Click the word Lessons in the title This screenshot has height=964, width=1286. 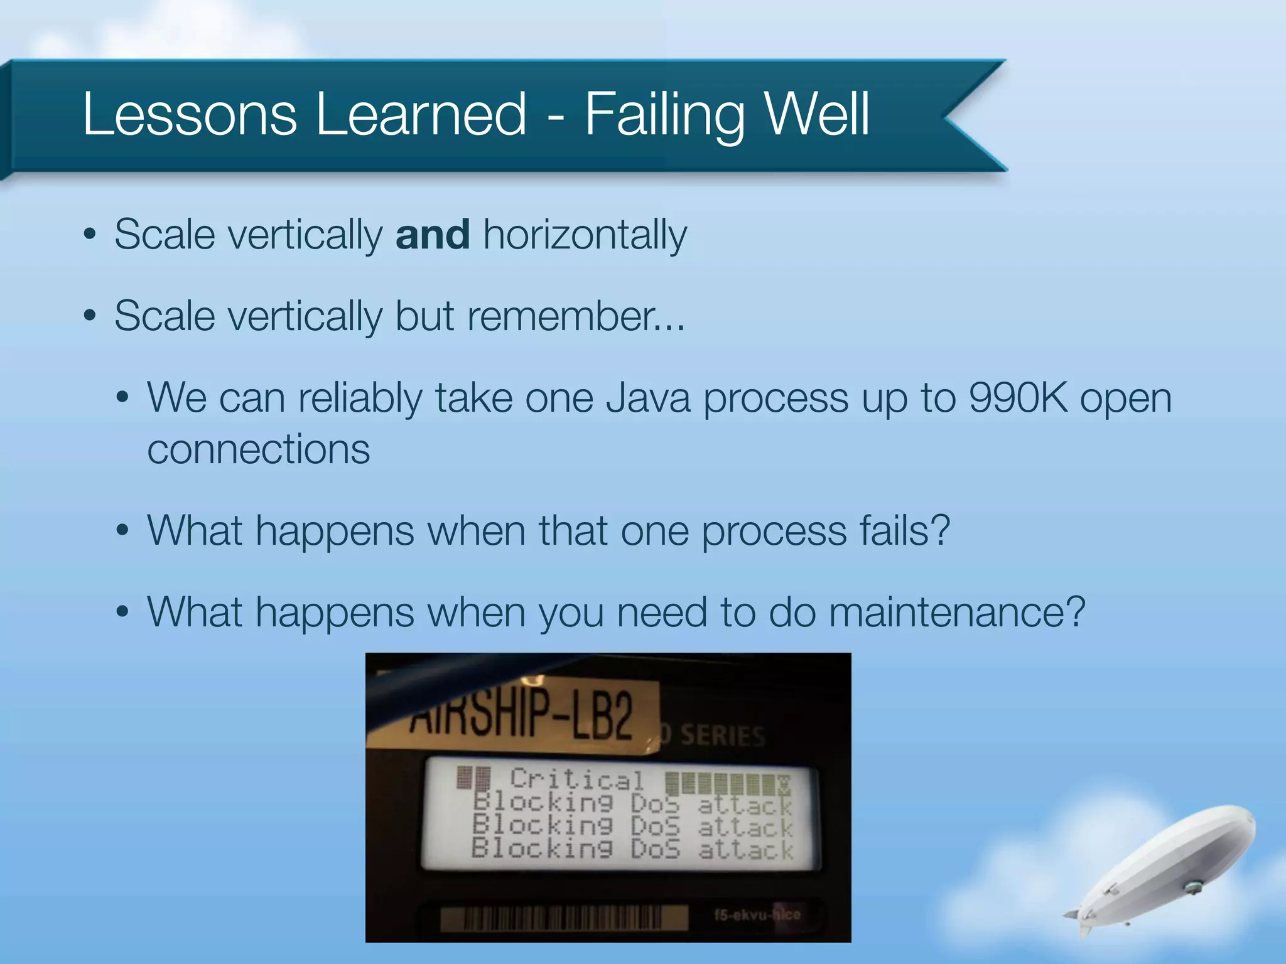[189, 114]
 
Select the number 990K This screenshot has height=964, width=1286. [1017, 398]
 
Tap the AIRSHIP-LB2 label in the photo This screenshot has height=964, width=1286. [521, 715]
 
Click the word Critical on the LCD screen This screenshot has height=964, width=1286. [576, 780]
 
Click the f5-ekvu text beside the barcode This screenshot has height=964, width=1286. [756, 914]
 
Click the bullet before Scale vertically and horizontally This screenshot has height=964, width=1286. [90, 235]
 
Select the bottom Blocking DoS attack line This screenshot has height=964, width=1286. [632, 850]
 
